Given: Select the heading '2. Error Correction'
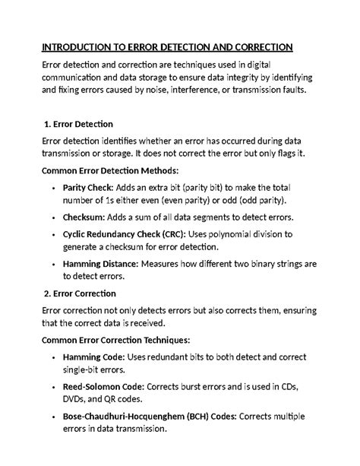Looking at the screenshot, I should point(80,293).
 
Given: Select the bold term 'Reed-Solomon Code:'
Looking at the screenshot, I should point(103,386).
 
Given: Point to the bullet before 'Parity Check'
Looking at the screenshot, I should point(52,187).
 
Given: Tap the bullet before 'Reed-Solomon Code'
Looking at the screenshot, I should point(52,387).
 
